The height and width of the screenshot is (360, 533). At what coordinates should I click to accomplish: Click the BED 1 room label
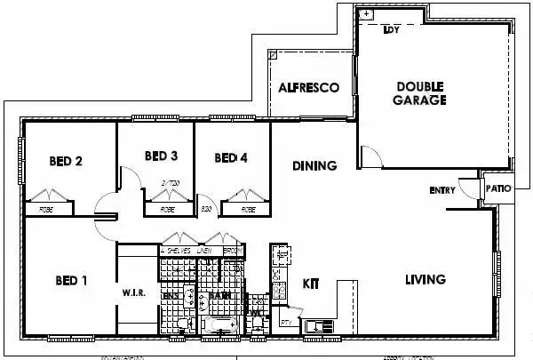(72, 281)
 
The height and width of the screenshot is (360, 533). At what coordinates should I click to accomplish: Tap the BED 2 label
(66, 161)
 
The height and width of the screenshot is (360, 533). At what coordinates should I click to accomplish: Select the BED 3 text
(161, 156)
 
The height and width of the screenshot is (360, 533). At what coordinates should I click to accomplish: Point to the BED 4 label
(231, 158)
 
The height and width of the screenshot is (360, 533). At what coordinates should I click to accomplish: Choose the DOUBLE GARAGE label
(420, 93)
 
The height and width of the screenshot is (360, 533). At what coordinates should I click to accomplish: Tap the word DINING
(314, 165)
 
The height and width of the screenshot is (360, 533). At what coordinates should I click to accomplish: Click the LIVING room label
(425, 279)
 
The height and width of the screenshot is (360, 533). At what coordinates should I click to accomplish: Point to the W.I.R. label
(134, 292)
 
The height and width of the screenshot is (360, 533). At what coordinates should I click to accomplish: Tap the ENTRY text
(442, 190)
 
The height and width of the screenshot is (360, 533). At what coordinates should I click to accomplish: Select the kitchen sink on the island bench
(316, 327)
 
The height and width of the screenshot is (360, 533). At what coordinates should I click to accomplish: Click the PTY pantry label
(285, 321)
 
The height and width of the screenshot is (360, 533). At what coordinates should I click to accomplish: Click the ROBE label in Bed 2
(44, 211)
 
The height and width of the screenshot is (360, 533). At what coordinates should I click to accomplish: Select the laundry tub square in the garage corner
(365, 15)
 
